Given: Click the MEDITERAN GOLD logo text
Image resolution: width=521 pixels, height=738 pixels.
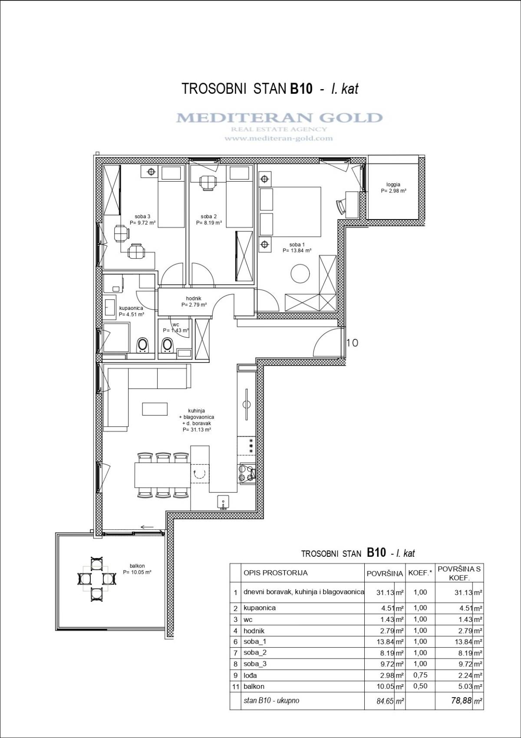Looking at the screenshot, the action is click(279, 118).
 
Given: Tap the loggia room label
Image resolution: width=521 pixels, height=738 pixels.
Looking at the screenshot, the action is click(393, 185).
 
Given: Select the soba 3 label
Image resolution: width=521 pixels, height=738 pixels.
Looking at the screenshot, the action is click(142, 216).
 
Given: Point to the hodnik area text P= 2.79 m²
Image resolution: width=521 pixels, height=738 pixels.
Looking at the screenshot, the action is click(194, 305).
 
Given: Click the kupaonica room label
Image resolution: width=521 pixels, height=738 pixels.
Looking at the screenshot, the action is click(131, 308).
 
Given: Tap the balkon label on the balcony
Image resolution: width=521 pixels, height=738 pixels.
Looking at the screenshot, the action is click(137, 566).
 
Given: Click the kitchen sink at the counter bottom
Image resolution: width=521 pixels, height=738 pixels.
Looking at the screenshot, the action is click(224, 502).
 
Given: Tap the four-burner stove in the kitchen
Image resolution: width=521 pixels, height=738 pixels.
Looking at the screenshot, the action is click(247, 474).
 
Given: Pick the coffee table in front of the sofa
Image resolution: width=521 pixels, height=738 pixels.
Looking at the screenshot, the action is click(155, 409).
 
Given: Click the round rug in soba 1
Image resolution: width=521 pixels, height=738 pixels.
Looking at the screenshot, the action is click(300, 273).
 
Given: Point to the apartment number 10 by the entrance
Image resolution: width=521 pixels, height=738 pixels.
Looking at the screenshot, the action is click(352, 343).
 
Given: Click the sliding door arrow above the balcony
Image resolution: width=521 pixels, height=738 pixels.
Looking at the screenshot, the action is click(149, 527).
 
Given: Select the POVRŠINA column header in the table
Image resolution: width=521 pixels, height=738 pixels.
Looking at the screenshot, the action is click(385, 574).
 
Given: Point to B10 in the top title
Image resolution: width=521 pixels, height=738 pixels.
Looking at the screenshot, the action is click(301, 89).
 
